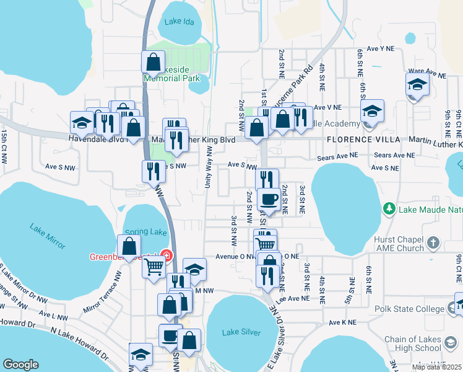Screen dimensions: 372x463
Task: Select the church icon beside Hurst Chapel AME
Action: click(433, 242)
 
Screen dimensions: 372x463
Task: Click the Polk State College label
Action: click(409, 308)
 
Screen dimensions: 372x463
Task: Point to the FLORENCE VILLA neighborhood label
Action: click(361, 141)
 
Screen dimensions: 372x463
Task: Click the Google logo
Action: click(20, 365)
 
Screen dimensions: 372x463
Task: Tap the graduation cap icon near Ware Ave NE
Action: click(417, 86)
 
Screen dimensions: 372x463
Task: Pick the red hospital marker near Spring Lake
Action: click(165, 255)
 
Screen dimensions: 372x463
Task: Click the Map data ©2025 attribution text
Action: click(436, 367)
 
